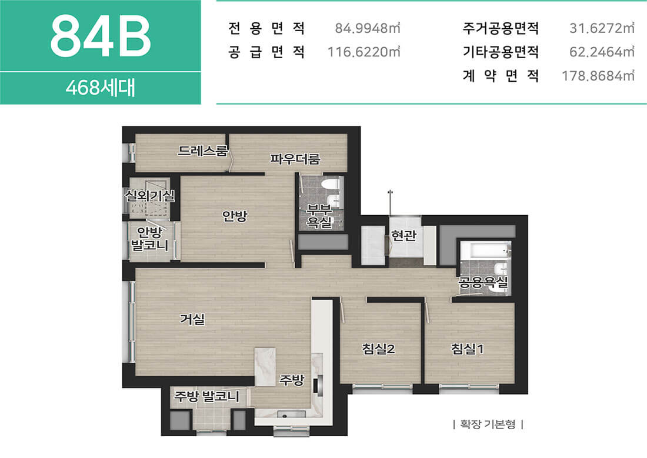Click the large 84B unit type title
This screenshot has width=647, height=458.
pos(101,36)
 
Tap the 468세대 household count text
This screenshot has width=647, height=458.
pos(100,88)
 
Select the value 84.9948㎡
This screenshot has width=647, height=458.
pos(367,28)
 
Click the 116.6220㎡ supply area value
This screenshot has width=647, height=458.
pos(363,52)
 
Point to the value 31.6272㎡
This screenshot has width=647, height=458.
pos(602,28)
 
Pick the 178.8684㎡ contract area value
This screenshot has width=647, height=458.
pos(598,76)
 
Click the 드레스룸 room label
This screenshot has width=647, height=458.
pos(202,151)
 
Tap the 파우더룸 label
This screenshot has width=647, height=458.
pos(295,159)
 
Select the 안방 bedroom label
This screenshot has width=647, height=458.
pos(234,215)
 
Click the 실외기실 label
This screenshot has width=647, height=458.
pos(150,196)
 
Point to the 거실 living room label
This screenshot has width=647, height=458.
pos(192,319)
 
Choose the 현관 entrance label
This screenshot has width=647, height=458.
pos(403,236)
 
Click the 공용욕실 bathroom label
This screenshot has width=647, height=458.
pos(483,283)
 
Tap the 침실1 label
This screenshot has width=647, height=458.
pos(467,349)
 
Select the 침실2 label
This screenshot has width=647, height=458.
pos(378,349)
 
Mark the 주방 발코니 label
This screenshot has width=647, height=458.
pos(206,396)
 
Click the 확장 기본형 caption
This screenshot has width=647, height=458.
pos(488,424)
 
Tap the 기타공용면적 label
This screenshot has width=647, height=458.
pos(501,52)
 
